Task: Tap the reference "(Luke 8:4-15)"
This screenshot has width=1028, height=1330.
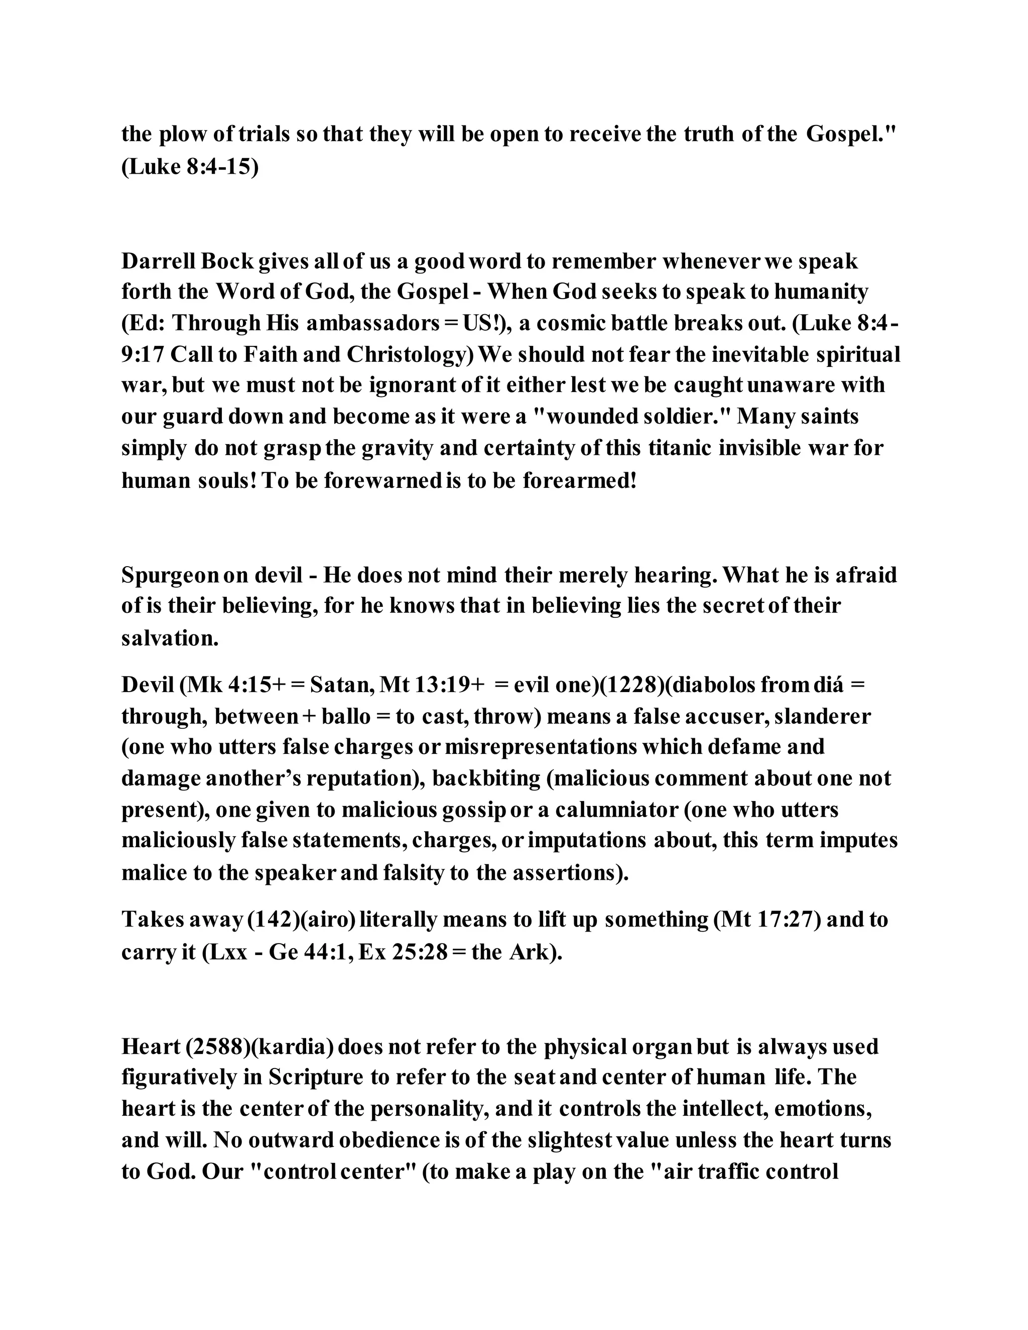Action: coord(190,166)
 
